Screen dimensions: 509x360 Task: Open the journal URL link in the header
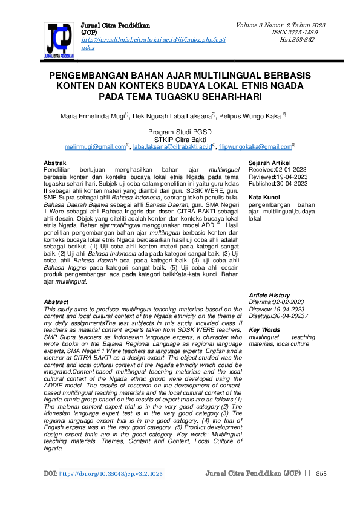point(153,39)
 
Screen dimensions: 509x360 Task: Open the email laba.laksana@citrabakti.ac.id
point(173,146)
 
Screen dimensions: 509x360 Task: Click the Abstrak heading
point(55,163)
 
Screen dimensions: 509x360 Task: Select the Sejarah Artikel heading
point(270,163)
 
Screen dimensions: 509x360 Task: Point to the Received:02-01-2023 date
point(278,170)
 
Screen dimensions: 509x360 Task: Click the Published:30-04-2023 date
point(278,184)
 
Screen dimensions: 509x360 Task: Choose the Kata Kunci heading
point(264,198)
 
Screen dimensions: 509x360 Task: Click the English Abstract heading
point(56,302)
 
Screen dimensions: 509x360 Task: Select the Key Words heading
point(265,329)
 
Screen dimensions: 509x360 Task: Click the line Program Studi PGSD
point(180,131)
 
